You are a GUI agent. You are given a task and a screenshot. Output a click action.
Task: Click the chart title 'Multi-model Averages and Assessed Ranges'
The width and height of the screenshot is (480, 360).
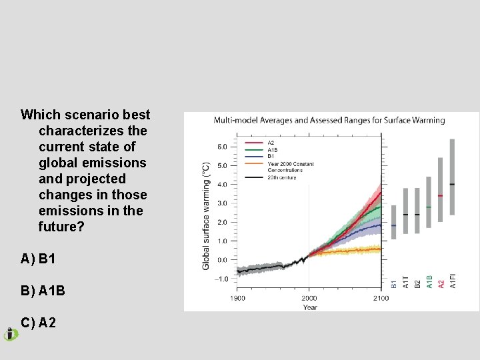tap(329, 121)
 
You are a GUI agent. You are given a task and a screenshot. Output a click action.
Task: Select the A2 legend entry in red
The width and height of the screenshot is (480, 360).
tap(271, 142)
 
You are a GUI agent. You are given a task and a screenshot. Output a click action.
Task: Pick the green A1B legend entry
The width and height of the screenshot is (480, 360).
tap(272, 149)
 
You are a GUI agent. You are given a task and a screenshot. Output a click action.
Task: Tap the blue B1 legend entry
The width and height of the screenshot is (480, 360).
tap(271, 156)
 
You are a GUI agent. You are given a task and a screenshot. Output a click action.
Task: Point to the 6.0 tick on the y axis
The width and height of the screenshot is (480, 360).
tap(222, 147)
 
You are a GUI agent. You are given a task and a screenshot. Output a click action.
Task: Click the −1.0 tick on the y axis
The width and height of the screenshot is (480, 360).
tap(221, 279)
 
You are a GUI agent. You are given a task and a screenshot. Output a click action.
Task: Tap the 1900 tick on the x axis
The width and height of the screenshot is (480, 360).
tap(238, 298)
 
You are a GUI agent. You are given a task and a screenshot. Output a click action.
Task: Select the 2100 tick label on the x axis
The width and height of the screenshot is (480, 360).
tap(381, 298)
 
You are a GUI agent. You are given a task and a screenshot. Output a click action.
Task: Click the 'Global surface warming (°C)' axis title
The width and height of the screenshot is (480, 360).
tap(206, 215)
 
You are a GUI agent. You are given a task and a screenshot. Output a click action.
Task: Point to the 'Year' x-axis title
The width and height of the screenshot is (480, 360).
tap(310, 307)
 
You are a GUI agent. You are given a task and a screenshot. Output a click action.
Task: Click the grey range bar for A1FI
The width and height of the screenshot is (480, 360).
tap(452, 177)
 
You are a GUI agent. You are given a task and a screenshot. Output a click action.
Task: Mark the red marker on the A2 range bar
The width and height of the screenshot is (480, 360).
tap(441, 195)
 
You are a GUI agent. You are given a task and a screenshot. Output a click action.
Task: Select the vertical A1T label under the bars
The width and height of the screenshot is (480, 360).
tap(405, 282)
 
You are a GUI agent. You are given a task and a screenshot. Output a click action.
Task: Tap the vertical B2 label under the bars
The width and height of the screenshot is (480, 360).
tap(417, 283)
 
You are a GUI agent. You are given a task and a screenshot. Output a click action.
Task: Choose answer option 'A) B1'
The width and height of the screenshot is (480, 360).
tap(39, 259)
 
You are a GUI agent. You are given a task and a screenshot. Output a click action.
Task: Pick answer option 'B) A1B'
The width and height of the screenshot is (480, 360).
tap(43, 291)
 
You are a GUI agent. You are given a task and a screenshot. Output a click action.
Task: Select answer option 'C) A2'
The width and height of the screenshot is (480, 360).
tap(39, 323)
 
